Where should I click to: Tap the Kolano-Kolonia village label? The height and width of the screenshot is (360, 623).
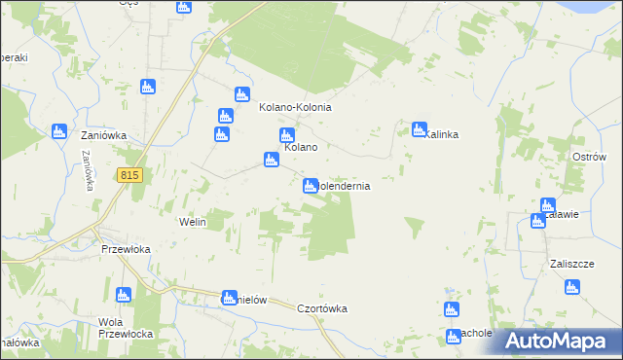pyautogui.click(x=296, y=107)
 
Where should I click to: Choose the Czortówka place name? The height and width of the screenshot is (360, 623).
pyautogui.click(x=322, y=308)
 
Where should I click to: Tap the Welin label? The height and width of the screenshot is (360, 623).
pyautogui.click(x=193, y=222)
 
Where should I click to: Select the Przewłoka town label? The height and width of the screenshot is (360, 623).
pyautogui.click(x=126, y=248)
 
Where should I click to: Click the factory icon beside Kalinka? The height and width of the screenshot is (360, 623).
pyautogui.click(x=420, y=128)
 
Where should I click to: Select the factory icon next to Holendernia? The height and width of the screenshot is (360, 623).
pyautogui.click(x=311, y=185)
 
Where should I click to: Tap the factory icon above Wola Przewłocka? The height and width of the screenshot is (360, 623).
pyautogui.click(x=122, y=295)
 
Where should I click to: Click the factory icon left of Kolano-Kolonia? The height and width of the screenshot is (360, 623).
pyautogui.click(x=241, y=94)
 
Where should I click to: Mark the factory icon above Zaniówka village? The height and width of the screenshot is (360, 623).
pyautogui.click(x=58, y=131)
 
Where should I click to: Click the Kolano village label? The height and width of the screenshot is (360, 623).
pyautogui.click(x=302, y=147)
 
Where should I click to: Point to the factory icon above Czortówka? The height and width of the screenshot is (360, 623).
pyautogui.click(x=230, y=298)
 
